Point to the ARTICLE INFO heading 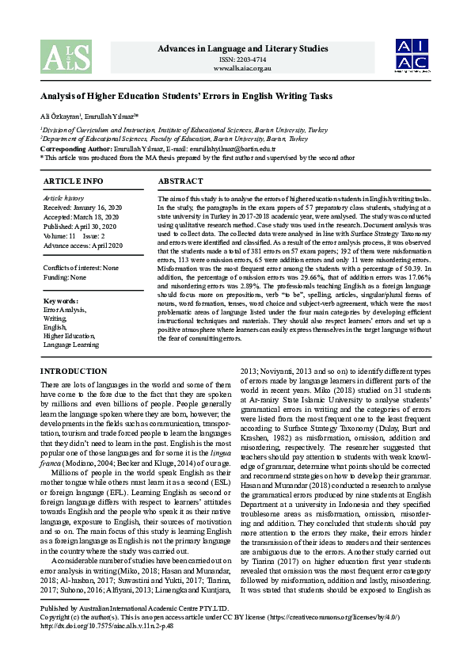pos(73,181)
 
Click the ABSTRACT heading pos(180,181)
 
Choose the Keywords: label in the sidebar pos(60,301)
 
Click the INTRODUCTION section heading pos(73,372)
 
